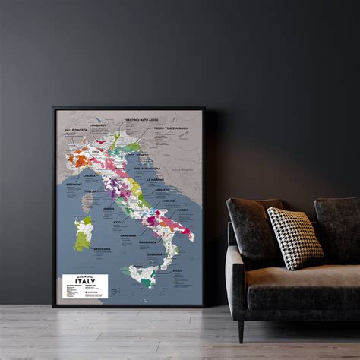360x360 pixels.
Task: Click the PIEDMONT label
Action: click(73, 184)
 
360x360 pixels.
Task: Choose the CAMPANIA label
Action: click(127, 235)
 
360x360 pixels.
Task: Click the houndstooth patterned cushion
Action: click(294, 236)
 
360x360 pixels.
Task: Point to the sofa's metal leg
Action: click(241, 330)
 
